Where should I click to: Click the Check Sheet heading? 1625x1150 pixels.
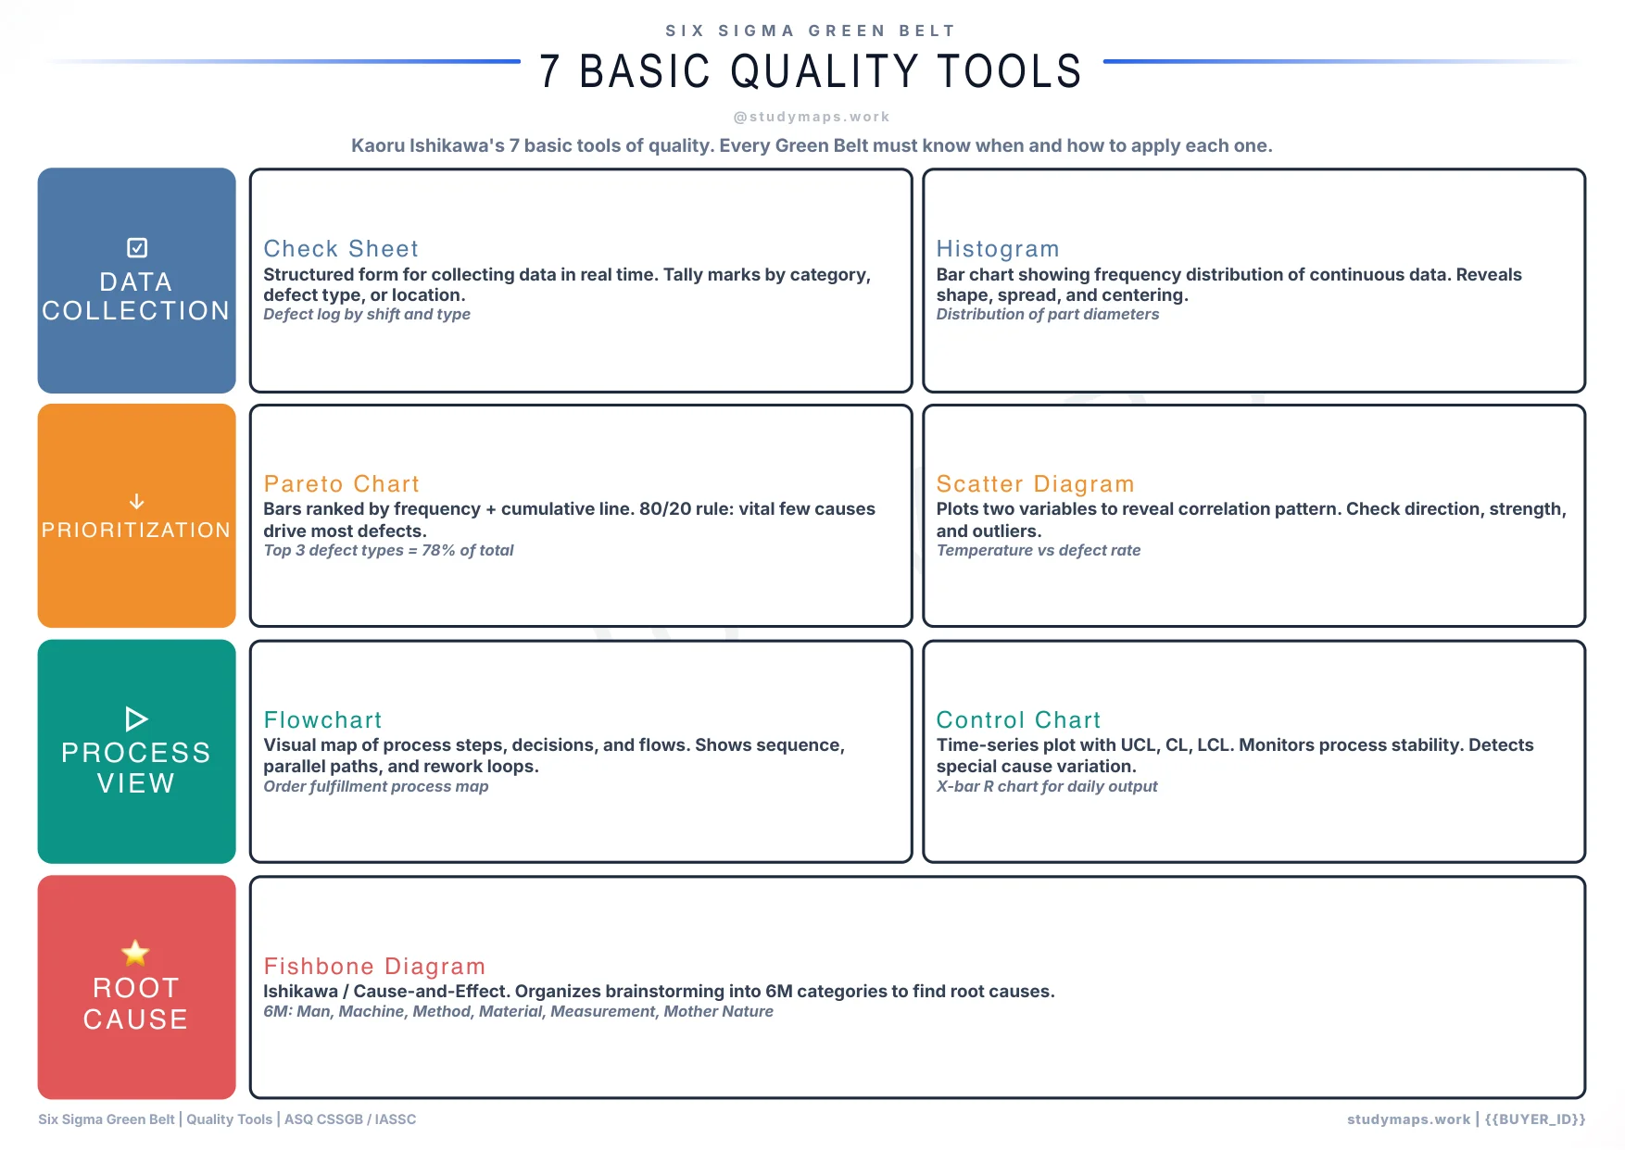pyautogui.click(x=341, y=248)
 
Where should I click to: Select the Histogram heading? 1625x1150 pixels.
pyautogui.click(x=997, y=248)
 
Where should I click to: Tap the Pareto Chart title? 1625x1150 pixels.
pyautogui.click(x=341, y=483)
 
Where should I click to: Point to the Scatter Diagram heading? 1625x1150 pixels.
pyautogui.click(x=1035, y=483)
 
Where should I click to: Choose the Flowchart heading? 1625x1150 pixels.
pyautogui.click(x=322, y=719)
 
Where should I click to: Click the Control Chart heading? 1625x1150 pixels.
pyautogui.click(x=1018, y=719)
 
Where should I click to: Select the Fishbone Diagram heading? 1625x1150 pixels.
pyautogui.click(x=374, y=966)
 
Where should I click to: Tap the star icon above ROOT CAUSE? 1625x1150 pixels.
pyautogui.click(x=135, y=952)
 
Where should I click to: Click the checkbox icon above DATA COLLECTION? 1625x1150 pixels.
pyautogui.click(x=136, y=247)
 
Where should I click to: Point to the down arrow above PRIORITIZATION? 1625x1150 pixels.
pyautogui.click(x=136, y=501)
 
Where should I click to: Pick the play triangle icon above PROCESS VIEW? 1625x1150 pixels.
pyautogui.click(x=136, y=719)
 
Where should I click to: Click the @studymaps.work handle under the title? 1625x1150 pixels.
pyautogui.click(x=812, y=117)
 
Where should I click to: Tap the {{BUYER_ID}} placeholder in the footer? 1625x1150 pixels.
pyautogui.click(x=1534, y=1119)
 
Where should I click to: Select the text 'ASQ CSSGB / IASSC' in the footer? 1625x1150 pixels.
pyautogui.click(x=350, y=1119)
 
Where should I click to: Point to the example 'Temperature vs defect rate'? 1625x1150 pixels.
pyautogui.click(x=1038, y=550)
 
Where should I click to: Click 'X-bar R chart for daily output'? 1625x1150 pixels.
pyautogui.click(x=1046, y=786)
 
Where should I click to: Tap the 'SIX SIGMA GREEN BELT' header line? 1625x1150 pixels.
pyautogui.click(x=811, y=31)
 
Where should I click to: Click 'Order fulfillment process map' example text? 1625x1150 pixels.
pyautogui.click(x=375, y=786)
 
